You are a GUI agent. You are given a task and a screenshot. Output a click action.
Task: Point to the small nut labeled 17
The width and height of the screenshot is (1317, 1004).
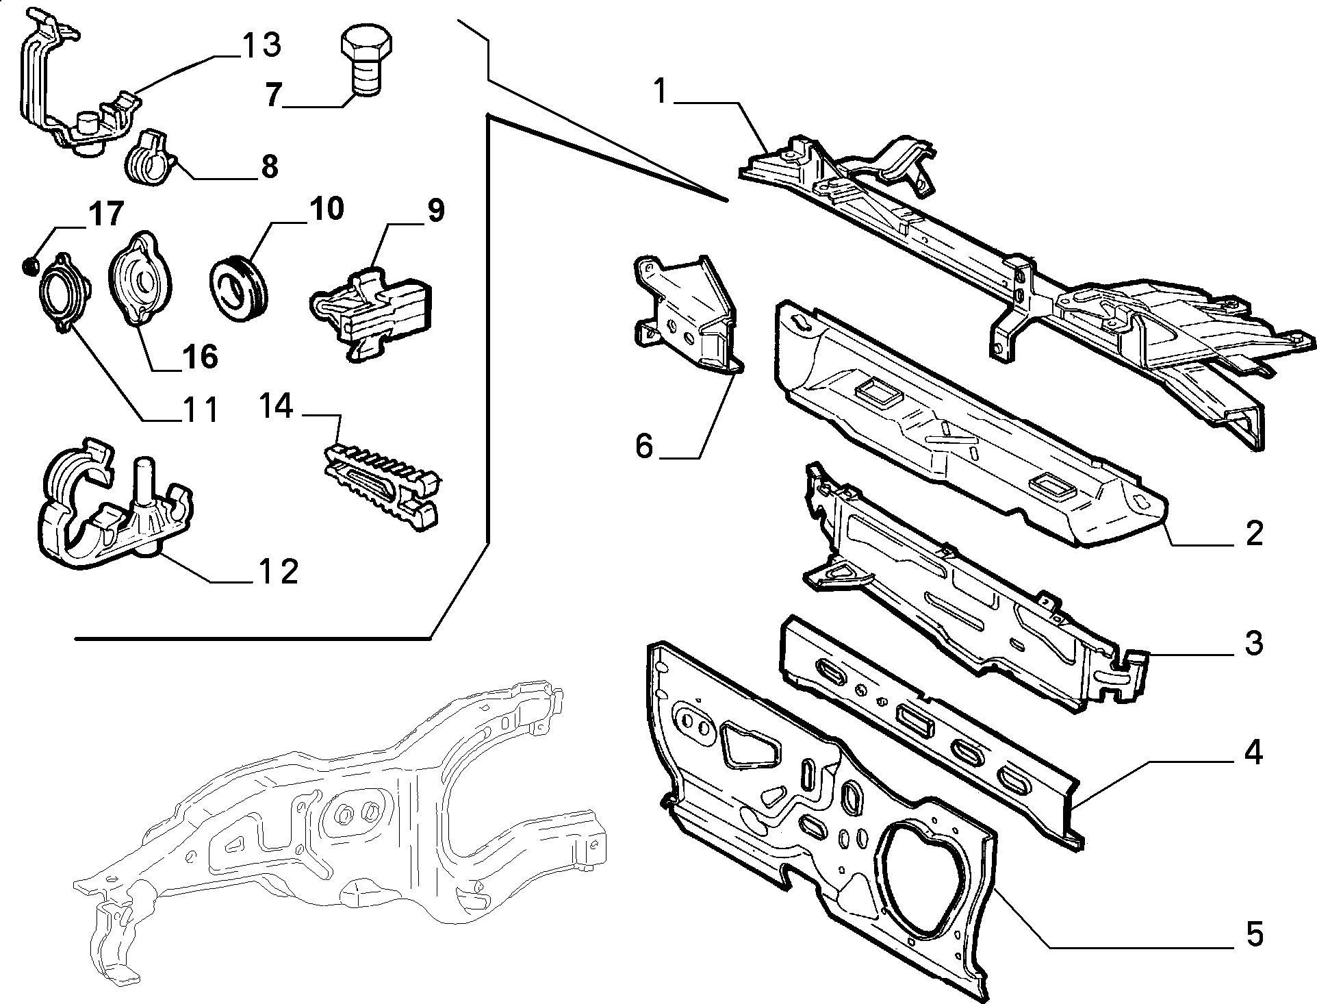(29, 264)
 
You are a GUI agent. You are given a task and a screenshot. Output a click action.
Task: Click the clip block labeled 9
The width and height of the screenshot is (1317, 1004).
(371, 312)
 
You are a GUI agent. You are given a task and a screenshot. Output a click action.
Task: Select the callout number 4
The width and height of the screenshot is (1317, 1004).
(1253, 752)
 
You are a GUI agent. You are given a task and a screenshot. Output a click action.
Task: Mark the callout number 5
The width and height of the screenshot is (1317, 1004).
(1254, 935)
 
